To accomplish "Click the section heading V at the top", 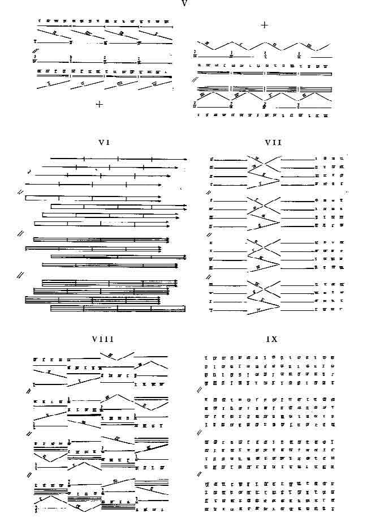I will (185, 3).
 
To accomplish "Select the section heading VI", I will (103, 143).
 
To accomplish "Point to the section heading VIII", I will (103, 339).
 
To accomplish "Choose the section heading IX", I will (272, 339).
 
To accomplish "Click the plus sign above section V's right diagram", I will (264, 25).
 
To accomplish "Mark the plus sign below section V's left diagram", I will (100, 104).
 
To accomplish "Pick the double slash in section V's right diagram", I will (195, 80).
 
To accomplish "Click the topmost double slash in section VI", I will (20, 193).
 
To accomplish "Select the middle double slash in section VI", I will (20, 233).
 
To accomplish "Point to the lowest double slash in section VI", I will (20, 275).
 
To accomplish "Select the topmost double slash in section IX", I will (199, 390).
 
